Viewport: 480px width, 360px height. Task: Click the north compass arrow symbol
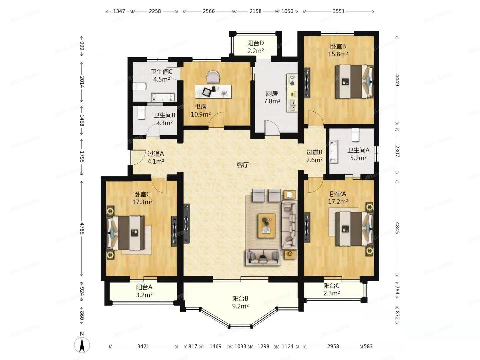(x=82, y=344)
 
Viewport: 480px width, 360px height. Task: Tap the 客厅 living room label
(x=243, y=165)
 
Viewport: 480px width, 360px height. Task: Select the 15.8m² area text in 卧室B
(x=338, y=54)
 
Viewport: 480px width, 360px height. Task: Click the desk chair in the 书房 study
(x=213, y=76)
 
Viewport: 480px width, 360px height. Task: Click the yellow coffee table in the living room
(x=266, y=226)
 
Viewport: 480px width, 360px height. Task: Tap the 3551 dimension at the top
(x=339, y=11)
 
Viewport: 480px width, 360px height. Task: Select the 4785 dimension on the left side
(x=82, y=229)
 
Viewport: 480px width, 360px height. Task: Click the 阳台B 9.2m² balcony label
(x=240, y=302)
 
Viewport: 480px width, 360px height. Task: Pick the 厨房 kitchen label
(x=272, y=97)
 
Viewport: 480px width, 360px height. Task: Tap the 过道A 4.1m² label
(x=156, y=157)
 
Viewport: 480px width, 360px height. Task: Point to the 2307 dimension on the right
(x=397, y=151)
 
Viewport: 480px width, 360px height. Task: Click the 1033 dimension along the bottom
(x=240, y=346)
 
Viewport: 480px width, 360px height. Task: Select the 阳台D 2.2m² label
(x=256, y=47)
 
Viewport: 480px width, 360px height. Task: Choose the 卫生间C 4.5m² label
(x=162, y=75)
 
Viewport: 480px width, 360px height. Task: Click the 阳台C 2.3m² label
(x=332, y=289)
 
